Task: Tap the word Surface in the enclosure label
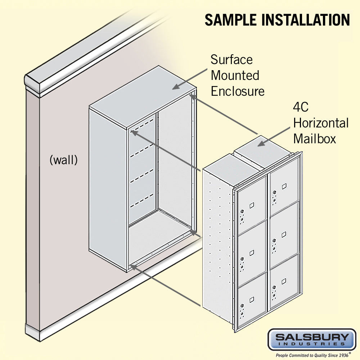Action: [x=231, y=59]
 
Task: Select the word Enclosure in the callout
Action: [x=238, y=91]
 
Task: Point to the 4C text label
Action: [x=301, y=107]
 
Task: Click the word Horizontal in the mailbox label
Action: [x=321, y=123]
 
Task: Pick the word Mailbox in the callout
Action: [x=314, y=139]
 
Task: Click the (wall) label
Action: [x=63, y=160]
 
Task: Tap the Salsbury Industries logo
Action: [x=311, y=339]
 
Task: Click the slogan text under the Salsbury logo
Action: [x=311, y=355]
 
